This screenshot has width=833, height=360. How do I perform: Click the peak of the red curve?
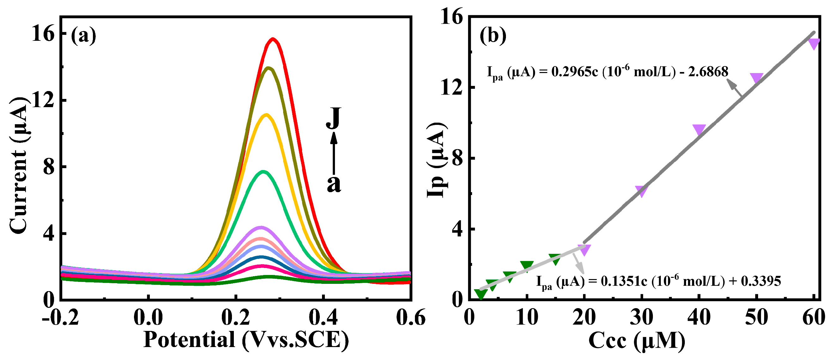click(273, 39)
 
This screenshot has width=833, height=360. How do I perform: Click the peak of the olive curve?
click(268, 68)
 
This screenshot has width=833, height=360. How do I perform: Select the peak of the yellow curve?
click(266, 115)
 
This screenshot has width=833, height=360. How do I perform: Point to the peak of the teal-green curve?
click(264, 171)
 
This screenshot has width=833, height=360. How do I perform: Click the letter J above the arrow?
click(333, 118)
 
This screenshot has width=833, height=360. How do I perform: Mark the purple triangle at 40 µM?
click(699, 129)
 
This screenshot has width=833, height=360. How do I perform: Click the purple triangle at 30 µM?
click(641, 191)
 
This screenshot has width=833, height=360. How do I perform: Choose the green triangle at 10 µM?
click(527, 265)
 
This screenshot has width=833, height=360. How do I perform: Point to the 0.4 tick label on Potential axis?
click(323, 318)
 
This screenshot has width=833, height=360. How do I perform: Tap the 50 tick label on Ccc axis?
click(756, 318)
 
